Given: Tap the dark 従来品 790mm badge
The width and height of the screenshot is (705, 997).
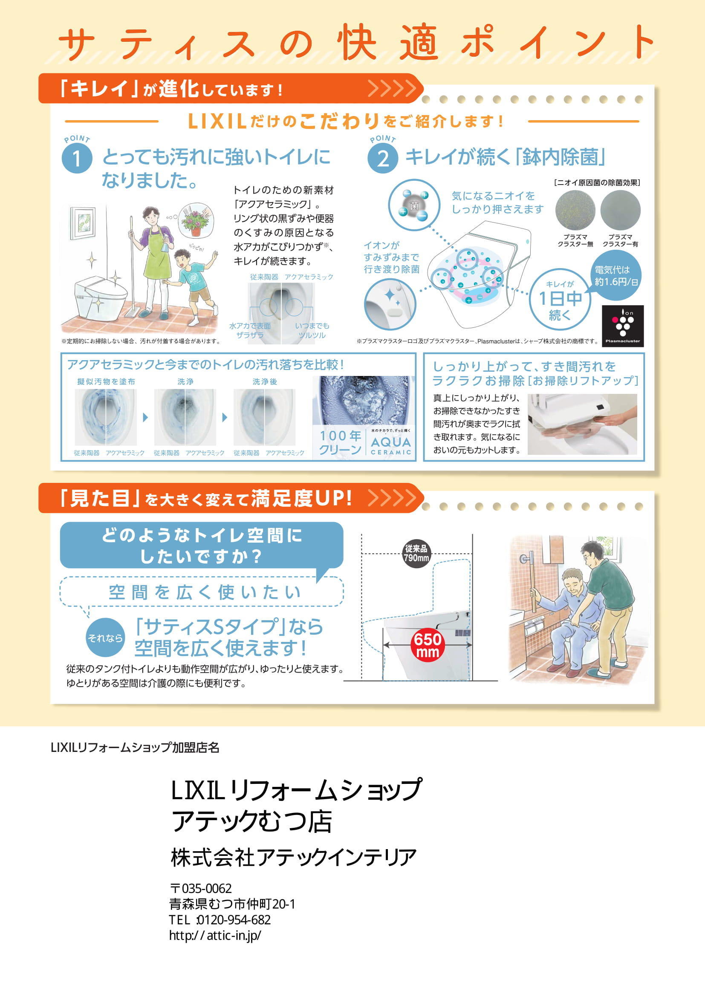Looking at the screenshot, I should tap(416, 553).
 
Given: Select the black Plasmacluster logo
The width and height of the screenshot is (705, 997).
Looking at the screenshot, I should tap(622, 326).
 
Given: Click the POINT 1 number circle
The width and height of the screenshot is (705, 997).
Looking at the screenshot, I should tap(77, 159).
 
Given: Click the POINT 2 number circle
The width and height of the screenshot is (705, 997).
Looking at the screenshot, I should tap(382, 159).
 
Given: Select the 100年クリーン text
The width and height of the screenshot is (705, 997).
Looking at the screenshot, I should tap(340, 442).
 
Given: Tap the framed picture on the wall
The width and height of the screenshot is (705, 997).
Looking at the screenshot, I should tap(83, 223).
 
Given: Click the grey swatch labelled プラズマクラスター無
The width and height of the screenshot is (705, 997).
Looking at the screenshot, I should tap(575, 210).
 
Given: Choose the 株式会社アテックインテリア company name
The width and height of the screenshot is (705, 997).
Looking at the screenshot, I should tap(293, 857).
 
